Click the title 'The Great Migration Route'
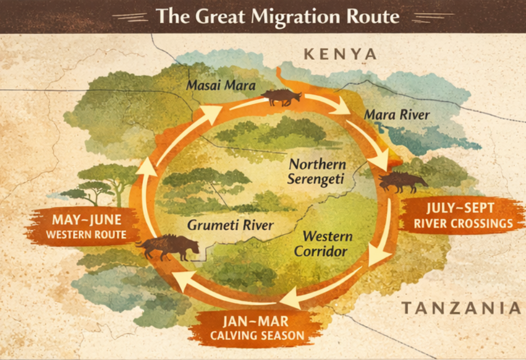click(277, 16)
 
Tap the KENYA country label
click(340, 54)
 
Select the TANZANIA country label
click(461, 308)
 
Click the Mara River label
click(396, 115)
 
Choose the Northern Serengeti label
click(318, 172)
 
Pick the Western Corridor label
click(327, 244)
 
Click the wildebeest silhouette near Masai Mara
click(281, 97)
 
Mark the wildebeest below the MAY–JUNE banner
click(166, 247)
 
